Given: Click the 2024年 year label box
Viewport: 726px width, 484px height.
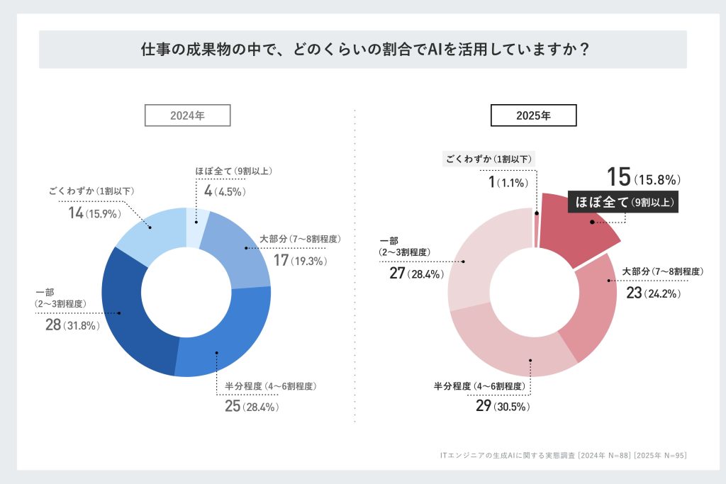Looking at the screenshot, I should tap(187, 115).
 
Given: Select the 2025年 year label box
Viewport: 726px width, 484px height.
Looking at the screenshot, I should tap(534, 115).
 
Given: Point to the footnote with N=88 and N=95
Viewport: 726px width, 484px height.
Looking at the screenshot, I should tap(563, 454).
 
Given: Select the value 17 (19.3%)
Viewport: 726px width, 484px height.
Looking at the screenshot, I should tap(299, 261).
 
